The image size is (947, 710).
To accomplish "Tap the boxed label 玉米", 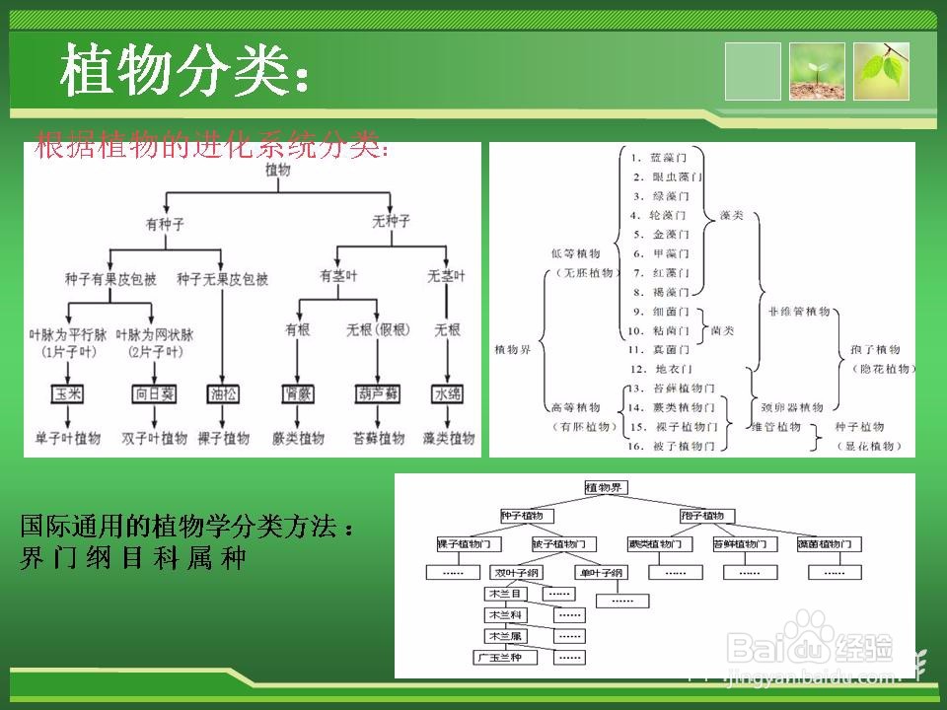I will point(68,394).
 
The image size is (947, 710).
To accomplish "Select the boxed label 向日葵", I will point(154,394).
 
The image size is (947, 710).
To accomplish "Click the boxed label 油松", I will point(223,394).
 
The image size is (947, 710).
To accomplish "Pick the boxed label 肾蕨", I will point(297,394).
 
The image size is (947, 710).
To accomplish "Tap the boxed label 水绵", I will point(448,394).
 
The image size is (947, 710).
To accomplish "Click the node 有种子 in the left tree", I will point(165,224).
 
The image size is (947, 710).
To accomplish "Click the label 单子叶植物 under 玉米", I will point(68,438).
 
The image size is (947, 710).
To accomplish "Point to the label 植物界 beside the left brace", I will point(512,349).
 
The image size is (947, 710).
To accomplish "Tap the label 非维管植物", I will point(798,311).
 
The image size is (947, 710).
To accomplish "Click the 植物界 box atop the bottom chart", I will point(605,487).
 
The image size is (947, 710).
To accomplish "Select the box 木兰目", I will point(503,594).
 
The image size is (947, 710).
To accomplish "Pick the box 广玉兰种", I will point(503,657).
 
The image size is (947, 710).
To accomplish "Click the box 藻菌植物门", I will point(829,544).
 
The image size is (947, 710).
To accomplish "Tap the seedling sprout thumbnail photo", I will point(817,71).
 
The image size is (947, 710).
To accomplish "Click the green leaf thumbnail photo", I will point(881,71).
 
